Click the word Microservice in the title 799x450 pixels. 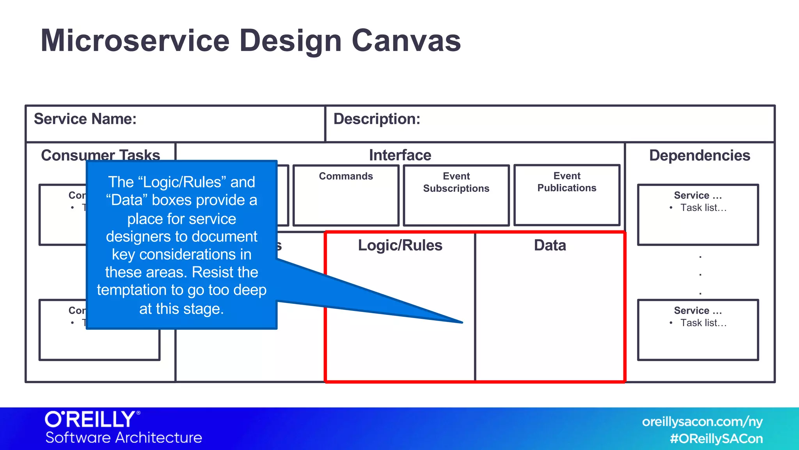135,41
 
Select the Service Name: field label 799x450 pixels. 85,119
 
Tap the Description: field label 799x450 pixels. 376,119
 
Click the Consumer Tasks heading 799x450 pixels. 101,155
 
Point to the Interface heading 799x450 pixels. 400,155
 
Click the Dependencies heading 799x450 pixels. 700,155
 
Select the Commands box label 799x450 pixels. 346,176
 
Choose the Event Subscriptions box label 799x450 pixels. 456,182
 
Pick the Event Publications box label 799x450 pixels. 566,182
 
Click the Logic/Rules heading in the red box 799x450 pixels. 400,245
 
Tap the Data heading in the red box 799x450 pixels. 550,245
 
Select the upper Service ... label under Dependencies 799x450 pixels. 698,195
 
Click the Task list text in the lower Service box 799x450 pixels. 703,323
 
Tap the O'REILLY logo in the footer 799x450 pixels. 92,420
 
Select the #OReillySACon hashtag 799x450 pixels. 716,439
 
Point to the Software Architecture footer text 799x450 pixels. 124,437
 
